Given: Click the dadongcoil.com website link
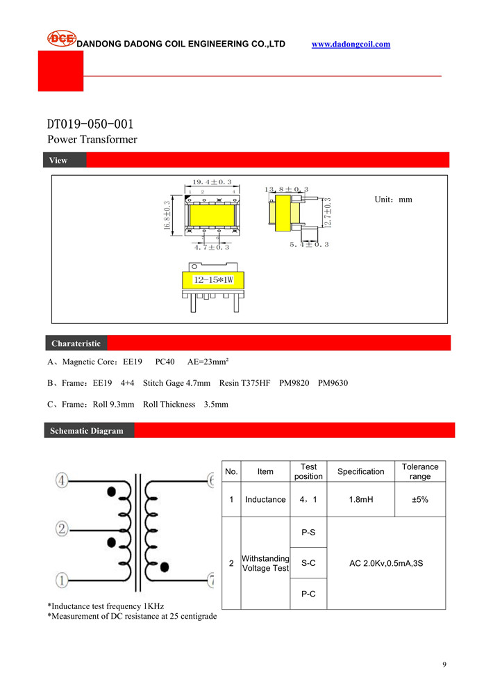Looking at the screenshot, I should coord(351,44).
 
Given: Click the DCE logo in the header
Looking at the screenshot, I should coord(61,39).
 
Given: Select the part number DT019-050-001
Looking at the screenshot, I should coord(90,124).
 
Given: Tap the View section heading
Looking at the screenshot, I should coord(58,161).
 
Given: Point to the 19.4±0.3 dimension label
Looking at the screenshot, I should coord(212,182).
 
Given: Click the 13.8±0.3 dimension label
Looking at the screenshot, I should coord(286,189).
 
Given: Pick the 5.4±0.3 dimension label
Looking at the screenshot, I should coord(309,245).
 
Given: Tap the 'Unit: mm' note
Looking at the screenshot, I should coord(393,200).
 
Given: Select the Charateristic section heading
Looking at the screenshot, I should coord(76,343).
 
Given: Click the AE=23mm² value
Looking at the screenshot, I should coord(208,362).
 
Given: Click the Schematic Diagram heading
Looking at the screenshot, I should coord(86,431).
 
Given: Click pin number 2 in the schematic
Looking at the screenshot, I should coord(62,529).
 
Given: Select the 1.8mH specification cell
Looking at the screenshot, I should coord(360,499).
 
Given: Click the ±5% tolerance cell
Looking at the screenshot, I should coord(420,499).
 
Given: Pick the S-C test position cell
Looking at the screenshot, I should coord(308,563).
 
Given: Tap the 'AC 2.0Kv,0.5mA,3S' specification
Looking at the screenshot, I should coord(386,563).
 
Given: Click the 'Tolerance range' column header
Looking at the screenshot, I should coord(420,471).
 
